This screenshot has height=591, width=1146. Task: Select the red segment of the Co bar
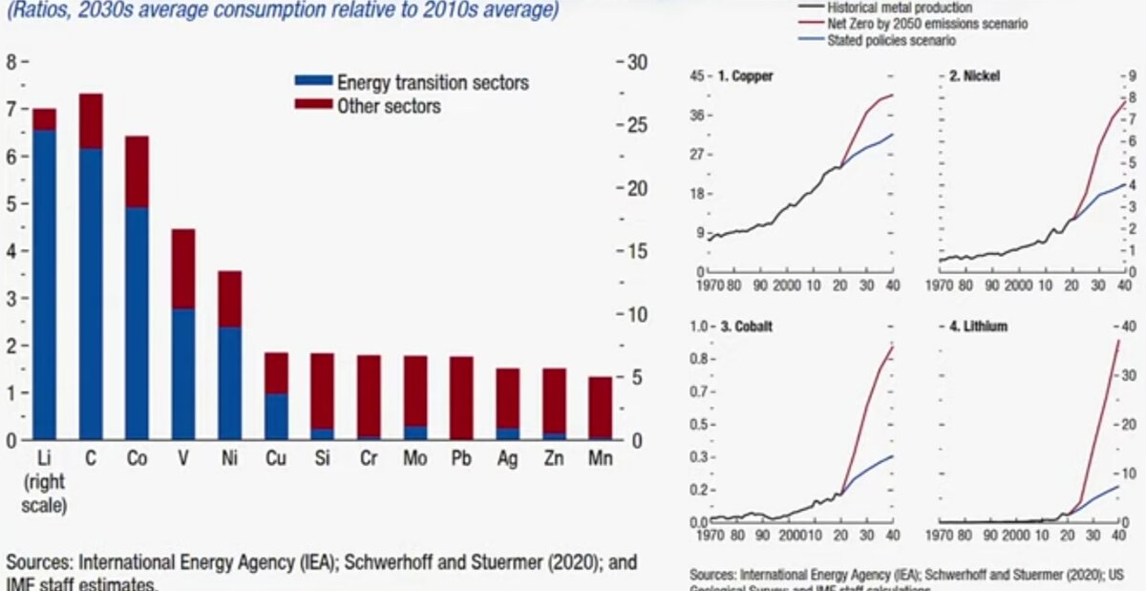click(x=137, y=172)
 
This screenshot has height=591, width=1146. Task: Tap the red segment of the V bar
click(x=183, y=268)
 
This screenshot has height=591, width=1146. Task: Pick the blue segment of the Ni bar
click(x=229, y=383)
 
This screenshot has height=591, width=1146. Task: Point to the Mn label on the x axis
click(x=600, y=458)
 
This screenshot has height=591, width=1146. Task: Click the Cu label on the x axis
click(x=276, y=458)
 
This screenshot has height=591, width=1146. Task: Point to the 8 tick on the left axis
click(x=12, y=62)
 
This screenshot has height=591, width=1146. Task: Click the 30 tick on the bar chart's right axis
click(x=637, y=62)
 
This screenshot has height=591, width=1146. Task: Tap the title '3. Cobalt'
click(x=746, y=327)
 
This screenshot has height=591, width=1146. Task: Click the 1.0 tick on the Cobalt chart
click(x=697, y=327)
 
